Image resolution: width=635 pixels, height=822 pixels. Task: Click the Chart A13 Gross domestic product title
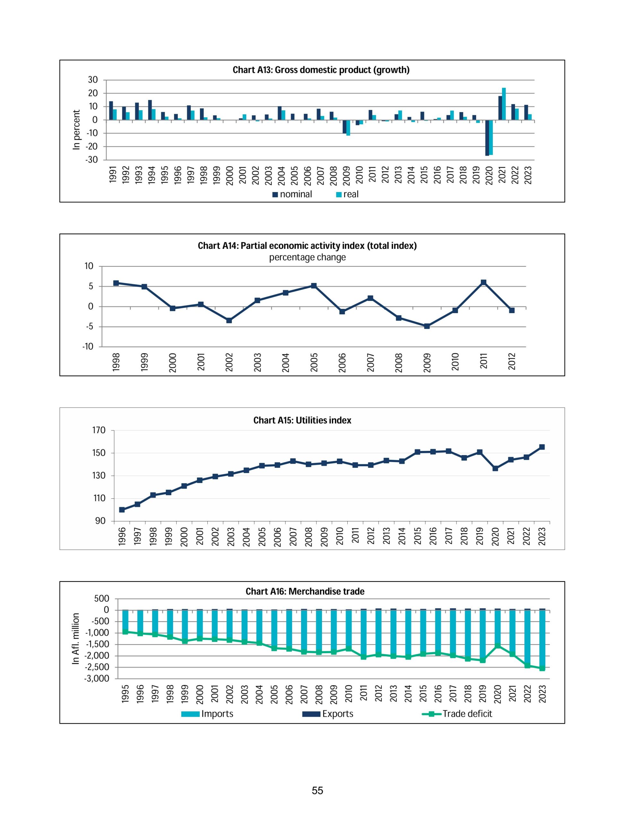[x=321, y=70]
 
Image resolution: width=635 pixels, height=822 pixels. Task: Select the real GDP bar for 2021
[x=504, y=104]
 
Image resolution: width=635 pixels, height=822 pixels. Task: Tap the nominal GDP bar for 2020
[x=487, y=138]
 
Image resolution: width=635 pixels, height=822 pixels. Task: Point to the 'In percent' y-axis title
[x=76, y=130]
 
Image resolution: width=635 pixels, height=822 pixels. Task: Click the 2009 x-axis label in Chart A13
[x=346, y=175]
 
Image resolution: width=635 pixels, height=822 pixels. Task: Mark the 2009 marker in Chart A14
[x=427, y=326]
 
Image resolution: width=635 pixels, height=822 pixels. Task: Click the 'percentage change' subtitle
[x=307, y=258]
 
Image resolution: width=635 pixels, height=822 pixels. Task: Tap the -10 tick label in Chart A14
[x=88, y=347]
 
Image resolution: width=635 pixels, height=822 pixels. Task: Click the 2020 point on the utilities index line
[x=495, y=468]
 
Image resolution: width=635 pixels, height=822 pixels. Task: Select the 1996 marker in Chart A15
[x=122, y=510]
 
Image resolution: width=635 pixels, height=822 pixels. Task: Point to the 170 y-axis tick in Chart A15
[x=99, y=430]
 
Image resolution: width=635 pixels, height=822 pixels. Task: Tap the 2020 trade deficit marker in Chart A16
[x=498, y=645]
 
